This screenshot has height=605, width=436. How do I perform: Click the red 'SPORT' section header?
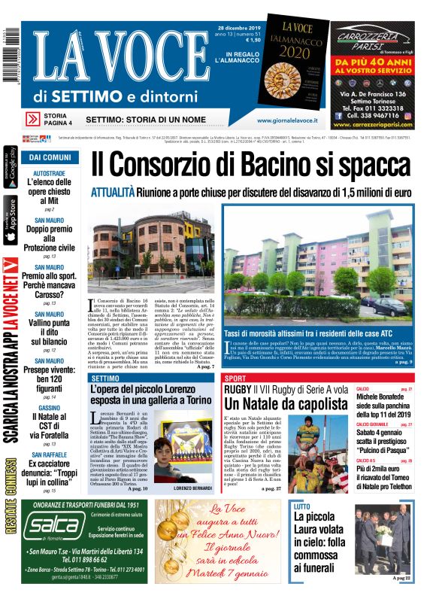click(236, 379)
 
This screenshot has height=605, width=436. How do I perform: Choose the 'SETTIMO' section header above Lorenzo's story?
click(105, 379)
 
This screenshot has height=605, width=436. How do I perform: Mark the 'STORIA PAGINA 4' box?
click(58, 119)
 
